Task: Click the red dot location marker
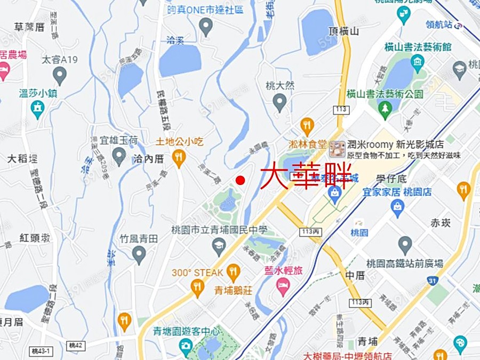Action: pos(240,180)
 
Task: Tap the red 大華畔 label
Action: pos(306,176)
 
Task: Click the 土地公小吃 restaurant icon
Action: pos(179,157)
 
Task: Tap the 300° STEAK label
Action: pos(197,273)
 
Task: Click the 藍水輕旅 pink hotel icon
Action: pos(283,287)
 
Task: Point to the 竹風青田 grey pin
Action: pos(139,255)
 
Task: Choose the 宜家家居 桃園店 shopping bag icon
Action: pos(397,206)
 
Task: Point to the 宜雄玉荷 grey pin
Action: pos(119,156)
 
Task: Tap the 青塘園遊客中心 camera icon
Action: pos(186,347)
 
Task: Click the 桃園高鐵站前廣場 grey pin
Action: pos(405,245)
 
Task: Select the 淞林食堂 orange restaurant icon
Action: pos(307,126)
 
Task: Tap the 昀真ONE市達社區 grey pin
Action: pos(206,26)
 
